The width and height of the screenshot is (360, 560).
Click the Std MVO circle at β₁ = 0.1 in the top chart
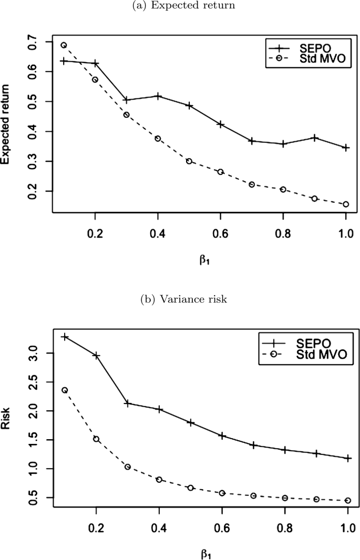coord(64,45)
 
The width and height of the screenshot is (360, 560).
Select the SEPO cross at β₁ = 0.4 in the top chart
coord(158,96)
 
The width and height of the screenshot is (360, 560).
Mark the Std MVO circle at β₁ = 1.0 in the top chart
coord(346,204)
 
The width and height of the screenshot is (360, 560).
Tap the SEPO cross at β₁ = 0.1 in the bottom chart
coord(64,336)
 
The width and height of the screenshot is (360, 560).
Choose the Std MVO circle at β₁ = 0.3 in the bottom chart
coord(127,466)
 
